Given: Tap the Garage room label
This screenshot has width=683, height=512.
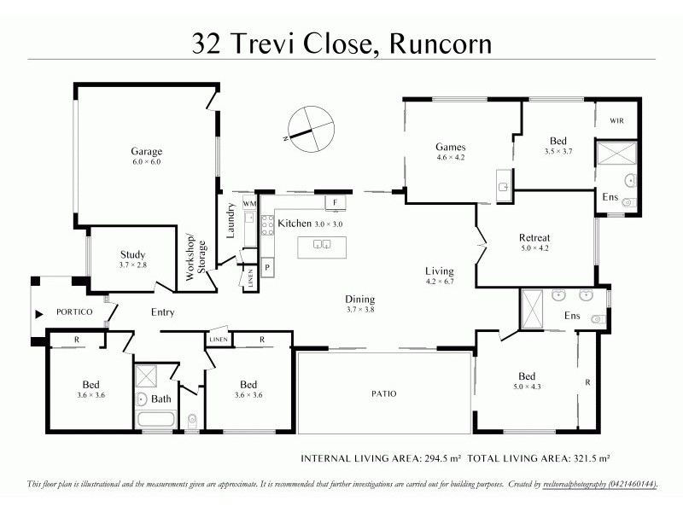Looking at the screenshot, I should click(x=146, y=152).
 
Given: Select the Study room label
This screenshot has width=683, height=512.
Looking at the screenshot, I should click(x=132, y=254).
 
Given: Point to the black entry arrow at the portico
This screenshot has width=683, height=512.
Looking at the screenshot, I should click(x=37, y=313).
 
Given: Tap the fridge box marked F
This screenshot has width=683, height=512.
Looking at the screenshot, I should click(x=336, y=202).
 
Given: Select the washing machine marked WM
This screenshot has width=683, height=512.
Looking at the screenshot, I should click(x=249, y=204).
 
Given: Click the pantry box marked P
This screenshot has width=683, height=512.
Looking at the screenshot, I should click(x=267, y=265).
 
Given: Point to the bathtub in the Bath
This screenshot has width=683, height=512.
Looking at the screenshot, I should click(x=155, y=420).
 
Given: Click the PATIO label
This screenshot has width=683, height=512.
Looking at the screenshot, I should click(x=383, y=393).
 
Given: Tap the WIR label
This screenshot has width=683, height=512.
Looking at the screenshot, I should click(x=616, y=121).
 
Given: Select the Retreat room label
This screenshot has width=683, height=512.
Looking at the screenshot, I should click(x=534, y=237).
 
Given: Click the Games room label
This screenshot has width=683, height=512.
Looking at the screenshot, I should click(x=451, y=147).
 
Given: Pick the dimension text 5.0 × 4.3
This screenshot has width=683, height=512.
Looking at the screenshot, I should click(x=526, y=387).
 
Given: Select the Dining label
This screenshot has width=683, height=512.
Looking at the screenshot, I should click(x=359, y=299).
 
